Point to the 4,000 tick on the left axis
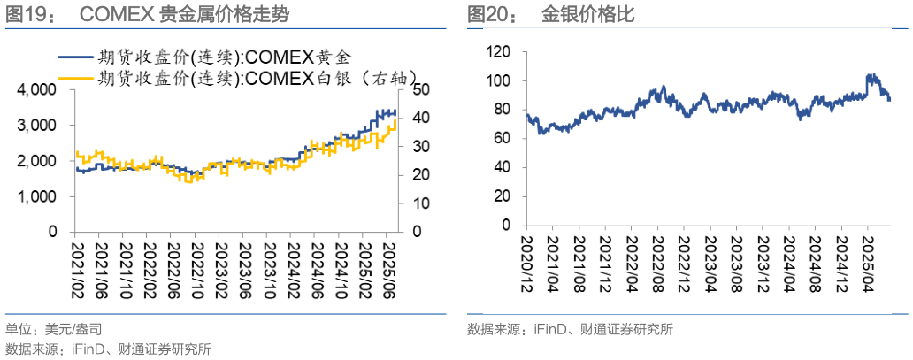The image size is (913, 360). [x=36, y=90]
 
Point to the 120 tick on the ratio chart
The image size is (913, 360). [x=500, y=52]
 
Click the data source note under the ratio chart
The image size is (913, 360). [x=571, y=330]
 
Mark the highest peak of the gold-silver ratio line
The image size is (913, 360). [x=871, y=76]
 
